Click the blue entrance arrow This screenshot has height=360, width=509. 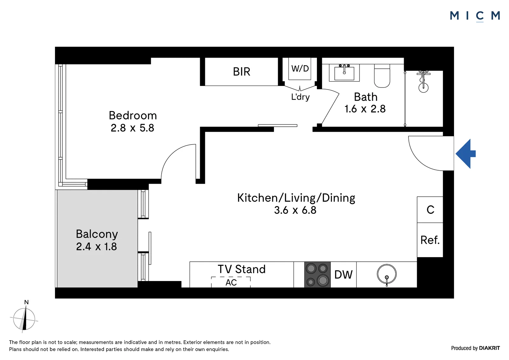pos(465,154)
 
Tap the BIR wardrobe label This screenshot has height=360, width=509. pos(241,72)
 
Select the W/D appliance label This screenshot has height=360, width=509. pos(300,68)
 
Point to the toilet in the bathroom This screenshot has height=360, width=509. pos(382,76)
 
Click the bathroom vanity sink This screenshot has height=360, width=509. pos(344,73)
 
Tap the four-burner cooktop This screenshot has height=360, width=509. pos(317,274)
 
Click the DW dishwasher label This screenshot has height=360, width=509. pos(343,275)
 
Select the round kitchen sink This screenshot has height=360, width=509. pos(387,274)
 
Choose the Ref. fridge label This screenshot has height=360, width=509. pos(430,240)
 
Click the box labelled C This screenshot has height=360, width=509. pos(430,210)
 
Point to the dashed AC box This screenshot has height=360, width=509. pos(231,282)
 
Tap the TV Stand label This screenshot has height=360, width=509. pos(241,269)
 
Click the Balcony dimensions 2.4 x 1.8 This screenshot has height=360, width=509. pos(97,246)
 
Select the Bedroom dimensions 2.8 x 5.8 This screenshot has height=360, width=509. pos(132,128)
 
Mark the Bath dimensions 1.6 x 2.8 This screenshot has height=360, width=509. pos(365,109)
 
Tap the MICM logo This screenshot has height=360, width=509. pos(475,16)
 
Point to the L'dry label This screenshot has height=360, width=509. pos(300,97)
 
